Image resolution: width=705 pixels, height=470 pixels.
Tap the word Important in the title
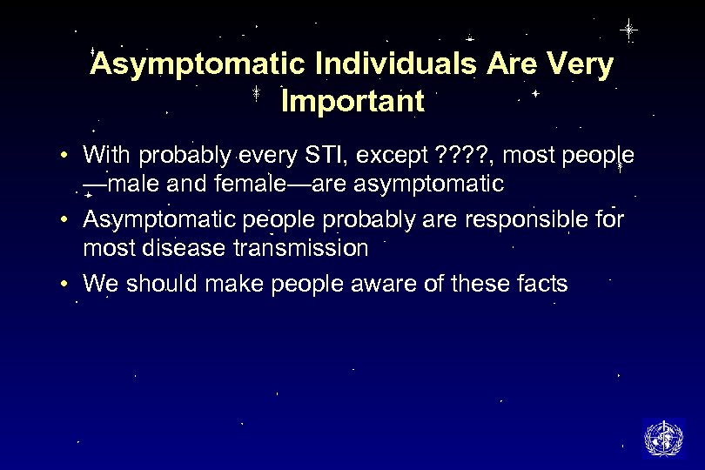pyautogui.click(x=352, y=102)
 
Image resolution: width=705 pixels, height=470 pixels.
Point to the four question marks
pyautogui.click(x=467, y=156)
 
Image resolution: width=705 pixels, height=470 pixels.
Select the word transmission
pyautogui.click(x=301, y=248)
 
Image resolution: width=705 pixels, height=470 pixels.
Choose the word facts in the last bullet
pyautogui.click(x=539, y=283)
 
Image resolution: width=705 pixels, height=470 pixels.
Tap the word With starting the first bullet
pyautogui.click(x=104, y=156)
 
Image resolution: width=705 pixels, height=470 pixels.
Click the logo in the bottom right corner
pyautogui.click(x=663, y=437)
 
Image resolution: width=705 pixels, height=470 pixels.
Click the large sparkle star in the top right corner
pyautogui.click(x=628, y=30)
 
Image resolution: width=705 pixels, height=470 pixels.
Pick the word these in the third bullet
pyautogui.click(x=473, y=283)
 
